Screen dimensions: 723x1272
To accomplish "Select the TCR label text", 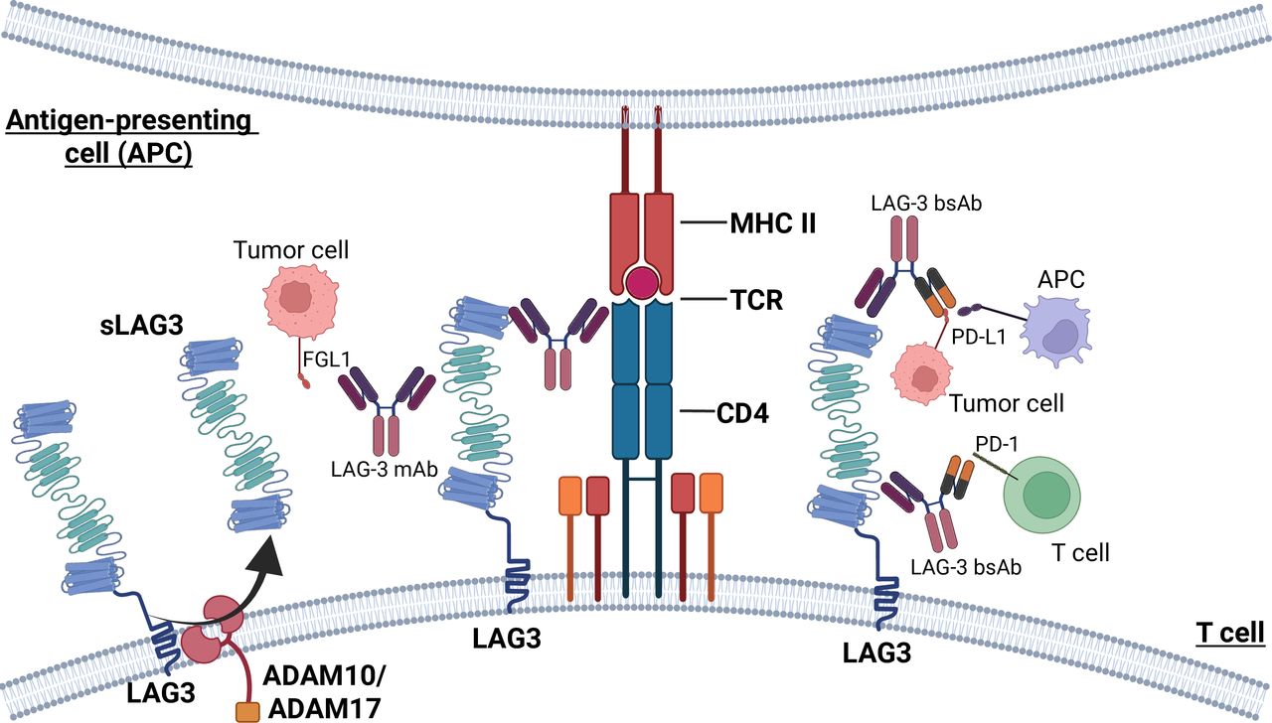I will (x=752, y=301).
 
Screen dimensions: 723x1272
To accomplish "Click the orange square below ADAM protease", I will (x=246, y=712).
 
